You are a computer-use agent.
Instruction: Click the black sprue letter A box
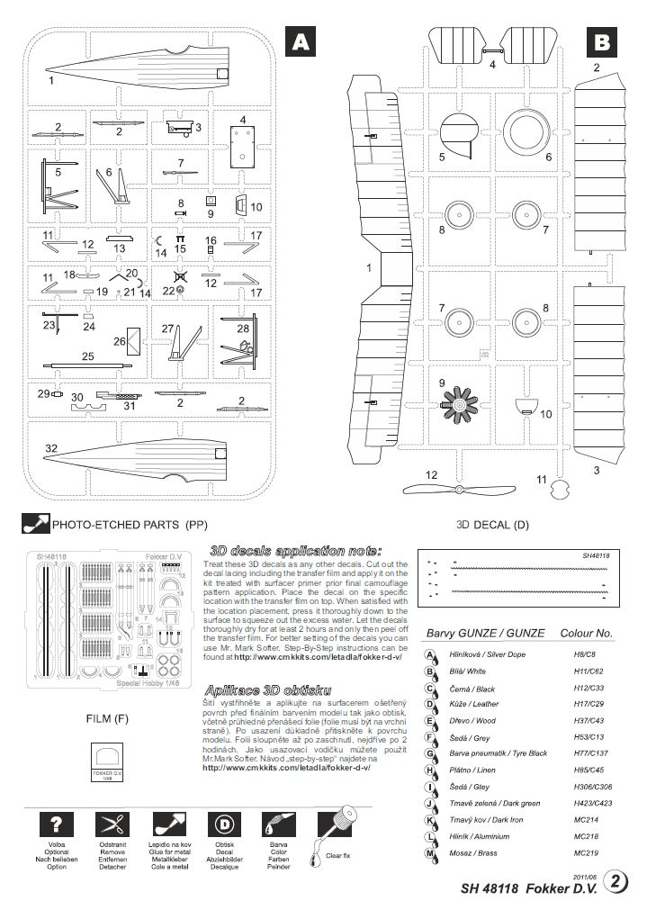pyautogui.click(x=300, y=41)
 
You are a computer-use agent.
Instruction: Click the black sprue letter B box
pyautogui.click(x=601, y=41)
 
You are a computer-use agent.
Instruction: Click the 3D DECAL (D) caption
pyautogui.click(x=493, y=523)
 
